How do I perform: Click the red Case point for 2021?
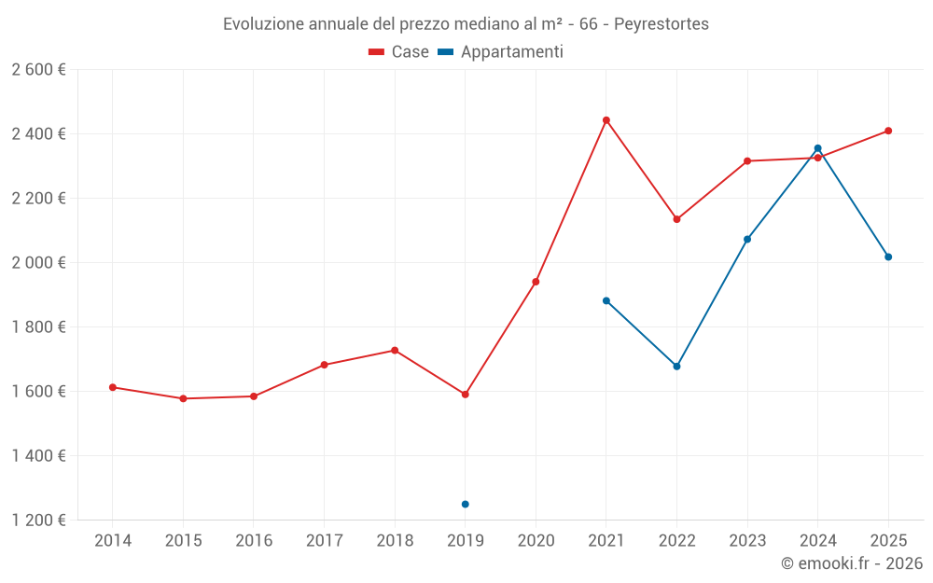[606, 120]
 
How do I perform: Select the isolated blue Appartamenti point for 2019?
[466, 505]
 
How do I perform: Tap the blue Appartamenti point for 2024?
[818, 148]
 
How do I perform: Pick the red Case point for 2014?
[113, 387]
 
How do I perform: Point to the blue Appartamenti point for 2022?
[677, 367]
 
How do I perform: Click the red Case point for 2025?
[888, 131]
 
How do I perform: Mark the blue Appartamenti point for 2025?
[888, 257]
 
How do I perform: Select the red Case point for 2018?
[395, 351]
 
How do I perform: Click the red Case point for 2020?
[536, 282]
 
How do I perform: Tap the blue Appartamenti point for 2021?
[606, 301]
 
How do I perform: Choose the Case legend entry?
[399, 52]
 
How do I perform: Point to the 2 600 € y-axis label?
[38, 70]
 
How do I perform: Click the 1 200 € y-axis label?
[38, 521]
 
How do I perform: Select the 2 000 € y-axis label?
[38, 263]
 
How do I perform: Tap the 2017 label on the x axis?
[324, 541]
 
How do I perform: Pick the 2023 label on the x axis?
[747, 541]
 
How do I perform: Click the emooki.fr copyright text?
[851, 563]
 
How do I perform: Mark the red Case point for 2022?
[677, 219]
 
